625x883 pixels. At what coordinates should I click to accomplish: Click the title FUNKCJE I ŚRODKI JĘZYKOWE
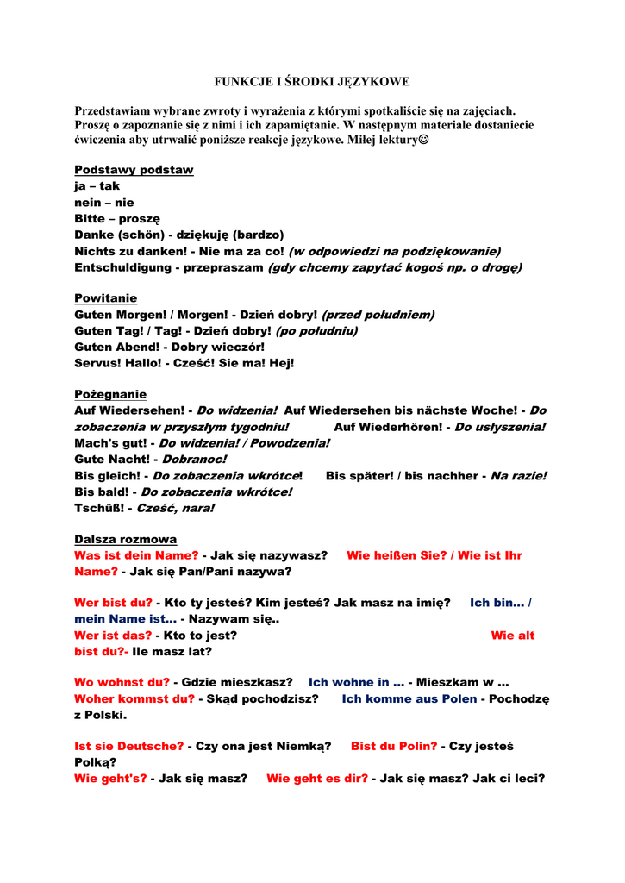[312, 82]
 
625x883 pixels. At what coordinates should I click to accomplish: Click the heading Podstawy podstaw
[134, 170]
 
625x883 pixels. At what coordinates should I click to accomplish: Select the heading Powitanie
[105, 298]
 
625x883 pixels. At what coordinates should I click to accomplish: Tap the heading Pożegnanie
[110, 394]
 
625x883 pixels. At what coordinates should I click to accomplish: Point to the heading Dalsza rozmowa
[125, 539]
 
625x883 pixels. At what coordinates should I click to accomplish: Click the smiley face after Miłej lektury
[422, 140]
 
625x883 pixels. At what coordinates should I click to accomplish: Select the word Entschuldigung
[124, 267]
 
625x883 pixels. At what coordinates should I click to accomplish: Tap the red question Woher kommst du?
[134, 698]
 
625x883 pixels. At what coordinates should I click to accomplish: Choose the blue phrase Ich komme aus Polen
[409, 698]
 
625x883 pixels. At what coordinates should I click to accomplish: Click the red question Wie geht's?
[110, 779]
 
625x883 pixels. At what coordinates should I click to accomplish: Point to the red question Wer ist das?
[113, 636]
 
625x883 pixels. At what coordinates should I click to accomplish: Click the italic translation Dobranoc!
[194, 459]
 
